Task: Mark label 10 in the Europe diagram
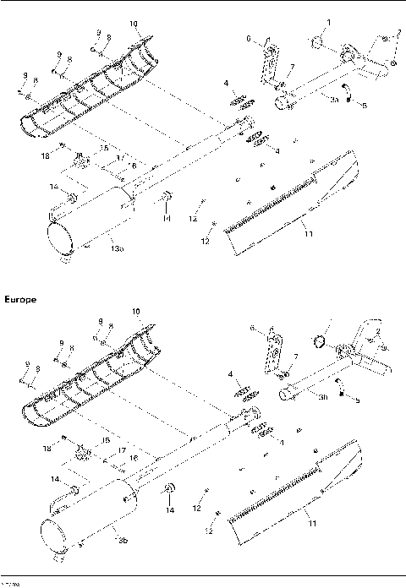(134, 312)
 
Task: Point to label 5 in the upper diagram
(365, 106)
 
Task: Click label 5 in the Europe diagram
(357, 400)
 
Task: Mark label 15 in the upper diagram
(104, 148)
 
